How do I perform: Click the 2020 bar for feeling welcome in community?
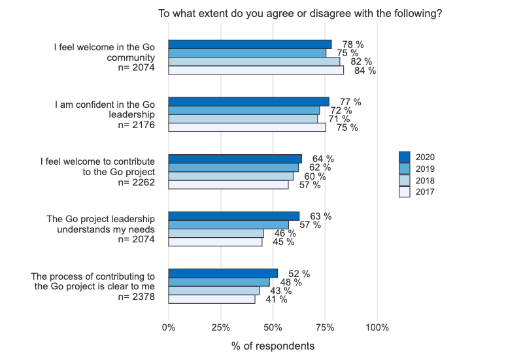250,44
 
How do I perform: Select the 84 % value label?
365,71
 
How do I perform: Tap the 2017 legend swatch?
404,192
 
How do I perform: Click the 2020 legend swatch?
404,157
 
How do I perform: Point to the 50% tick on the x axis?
273,327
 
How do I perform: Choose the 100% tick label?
377,327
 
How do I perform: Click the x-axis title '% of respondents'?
273,346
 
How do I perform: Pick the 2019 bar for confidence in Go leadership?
244,110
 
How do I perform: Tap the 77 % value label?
350,102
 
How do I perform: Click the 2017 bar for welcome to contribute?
228,185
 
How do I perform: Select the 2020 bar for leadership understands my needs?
234,216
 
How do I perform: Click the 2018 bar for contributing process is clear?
214,291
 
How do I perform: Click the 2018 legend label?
425,180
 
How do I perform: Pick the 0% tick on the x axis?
169,327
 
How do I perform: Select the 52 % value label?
299,274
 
